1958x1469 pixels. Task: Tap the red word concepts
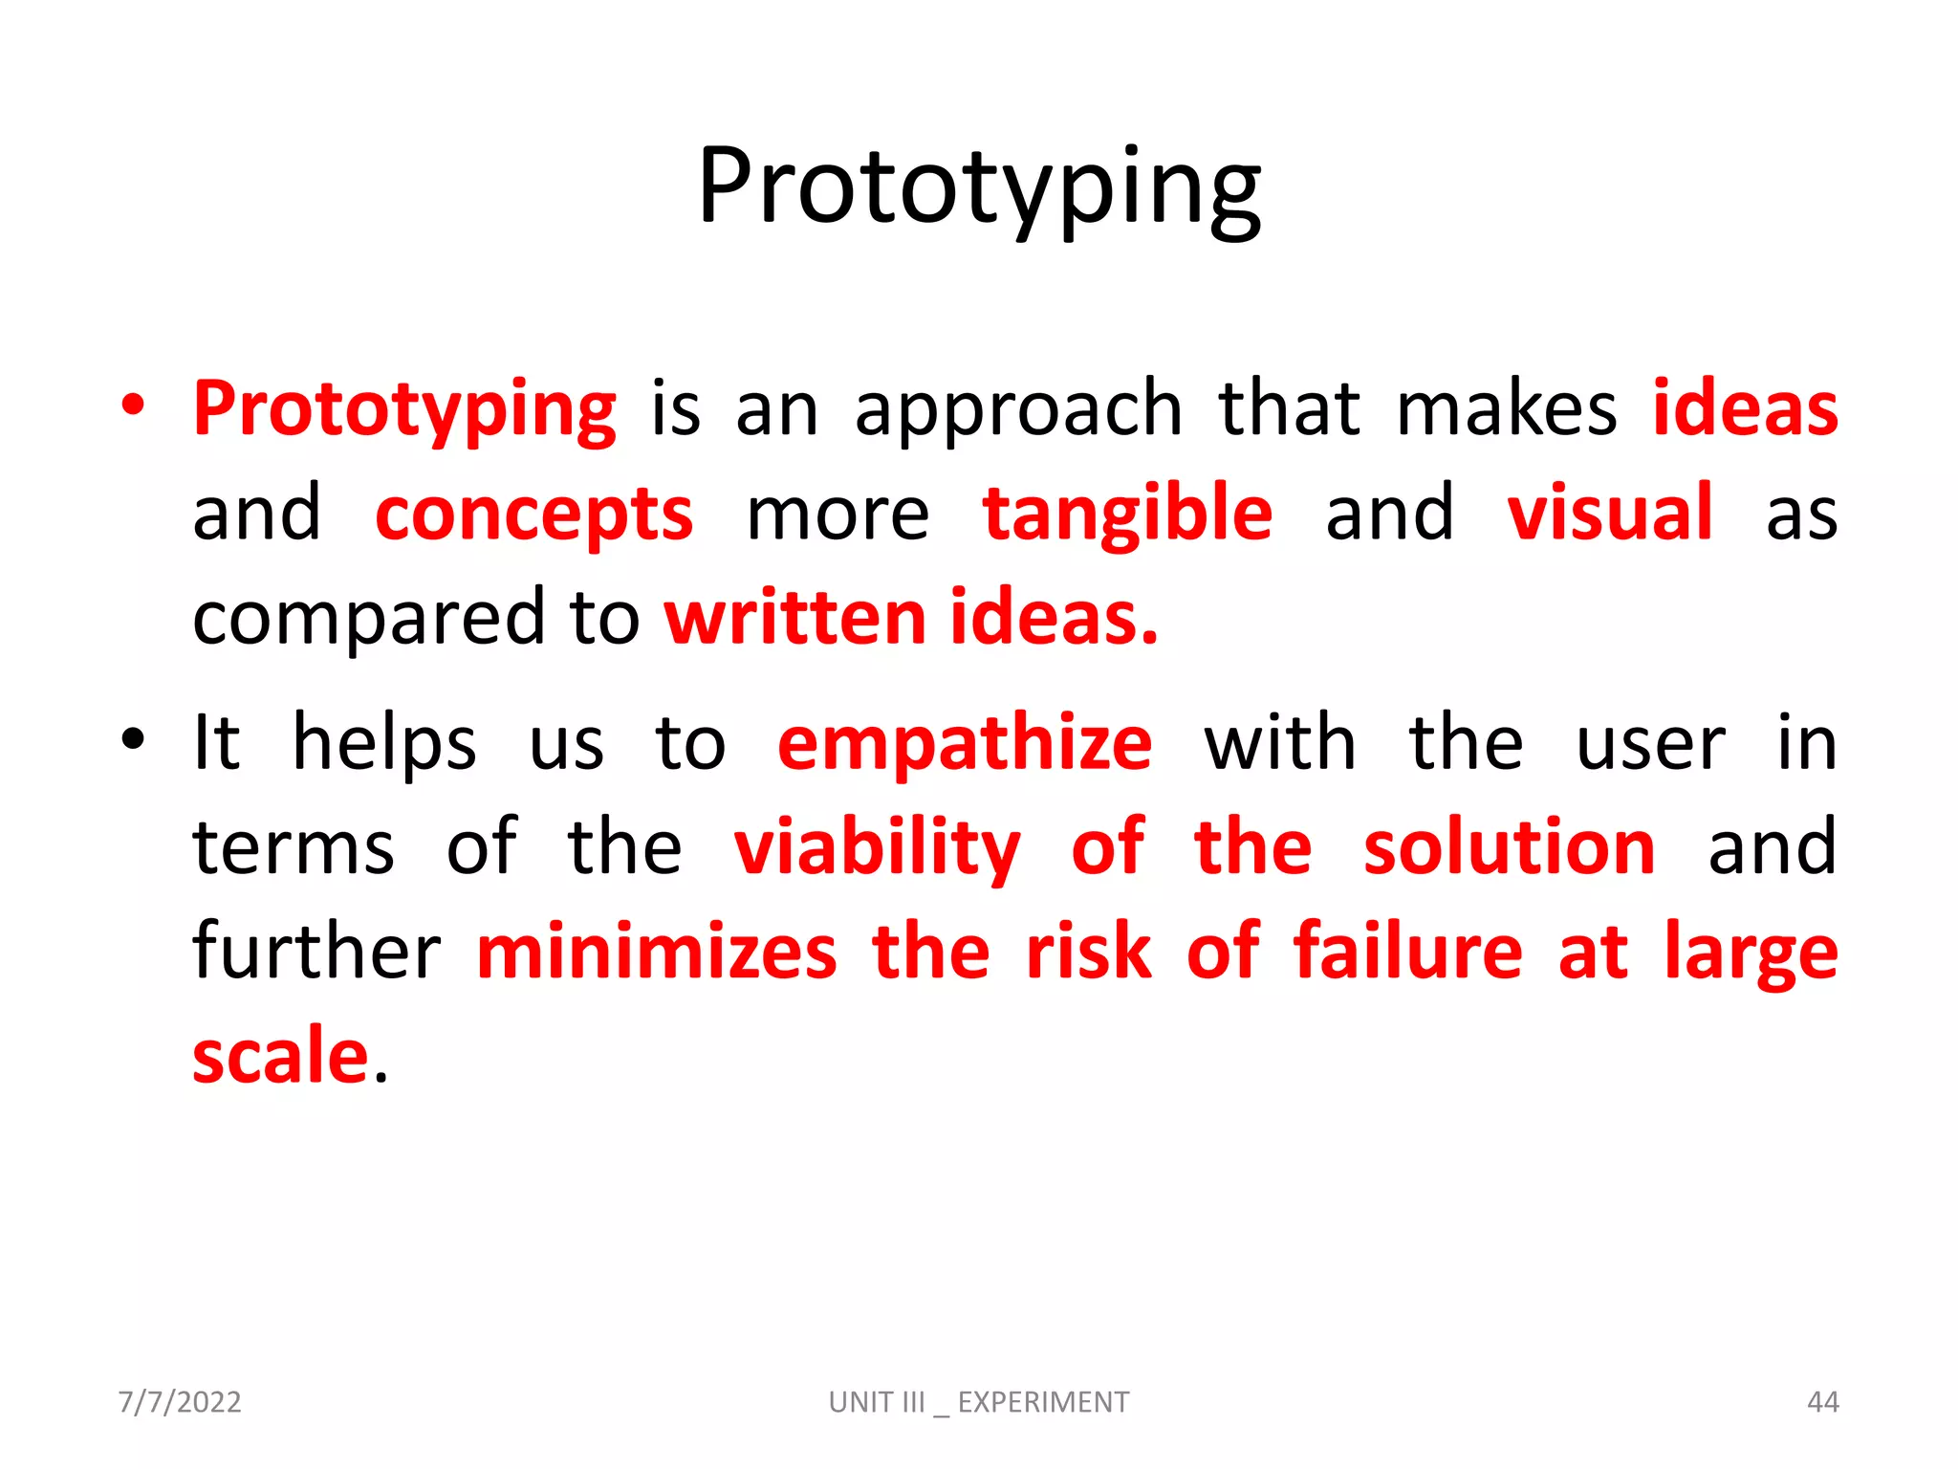[x=533, y=514]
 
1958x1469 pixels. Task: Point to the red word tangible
[x=1127, y=514]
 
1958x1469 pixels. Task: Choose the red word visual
[x=1609, y=514]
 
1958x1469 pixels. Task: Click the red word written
[x=794, y=618]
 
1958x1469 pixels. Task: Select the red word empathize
[x=965, y=744]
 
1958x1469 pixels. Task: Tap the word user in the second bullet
[x=1650, y=744]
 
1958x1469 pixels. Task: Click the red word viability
[x=877, y=847]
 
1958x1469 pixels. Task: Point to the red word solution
[x=1509, y=847]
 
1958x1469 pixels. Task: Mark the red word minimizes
[x=657, y=952]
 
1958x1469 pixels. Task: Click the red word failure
[x=1407, y=952]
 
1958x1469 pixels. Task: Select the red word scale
[x=280, y=1057]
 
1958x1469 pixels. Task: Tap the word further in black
[x=315, y=952]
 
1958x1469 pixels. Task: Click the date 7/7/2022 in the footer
[x=180, y=1402]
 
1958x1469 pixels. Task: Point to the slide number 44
[x=1822, y=1402]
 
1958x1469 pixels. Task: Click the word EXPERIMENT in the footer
[x=1043, y=1402]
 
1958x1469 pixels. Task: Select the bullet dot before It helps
[x=133, y=739]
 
